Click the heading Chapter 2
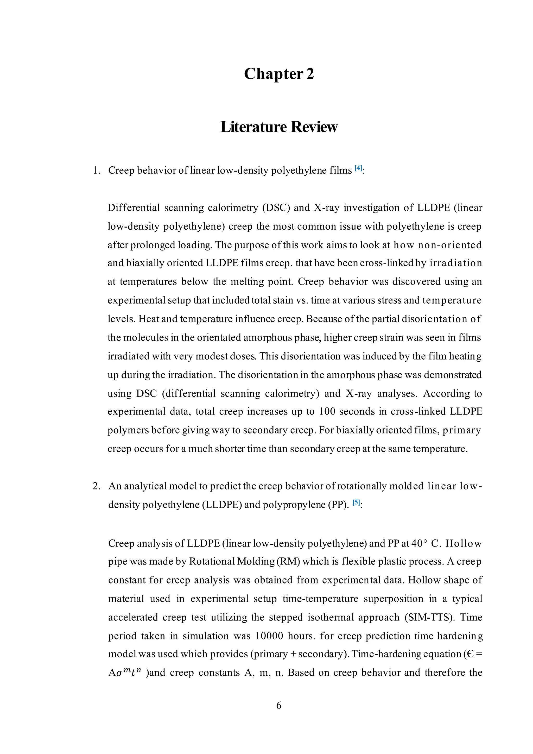click(279, 74)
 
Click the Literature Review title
click(279, 127)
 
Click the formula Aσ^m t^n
click(125, 673)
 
